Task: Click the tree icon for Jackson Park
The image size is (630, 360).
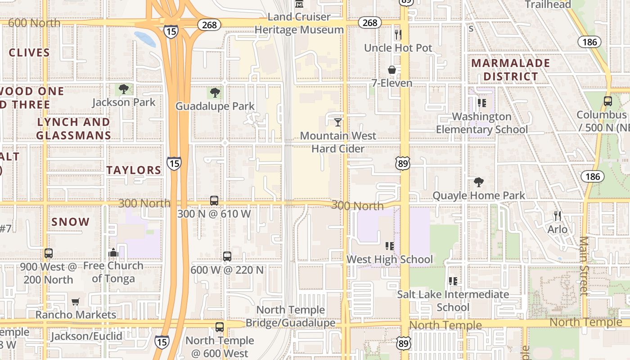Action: [x=124, y=89]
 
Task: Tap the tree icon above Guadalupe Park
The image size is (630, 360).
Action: [x=215, y=93]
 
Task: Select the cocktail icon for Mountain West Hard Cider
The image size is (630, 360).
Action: [x=338, y=122]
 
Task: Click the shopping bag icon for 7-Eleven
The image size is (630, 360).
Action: [x=392, y=70]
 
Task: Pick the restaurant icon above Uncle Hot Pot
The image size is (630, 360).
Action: [x=398, y=34]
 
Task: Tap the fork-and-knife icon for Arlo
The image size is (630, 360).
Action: [x=558, y=216]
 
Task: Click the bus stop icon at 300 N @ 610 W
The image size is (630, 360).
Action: [x=214, y=201]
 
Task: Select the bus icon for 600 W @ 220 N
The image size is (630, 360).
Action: [x=227, y=256]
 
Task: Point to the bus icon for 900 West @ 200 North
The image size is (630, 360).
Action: [x=49, y=253]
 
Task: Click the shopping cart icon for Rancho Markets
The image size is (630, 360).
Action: [x=76, y=301]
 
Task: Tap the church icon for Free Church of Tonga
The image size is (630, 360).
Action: [x=113, y=252]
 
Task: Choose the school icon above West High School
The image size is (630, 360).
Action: [x=390, y=246]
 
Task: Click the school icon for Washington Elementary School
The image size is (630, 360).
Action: [x=482, y=103]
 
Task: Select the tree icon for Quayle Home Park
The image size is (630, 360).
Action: [x=479, y=182]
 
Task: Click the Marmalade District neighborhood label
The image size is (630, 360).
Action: [x=511, y=70]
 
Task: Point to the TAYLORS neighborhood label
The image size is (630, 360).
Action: [x=134, y=170]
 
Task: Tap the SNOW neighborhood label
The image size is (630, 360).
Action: [x=71, y=222]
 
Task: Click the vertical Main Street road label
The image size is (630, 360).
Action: [x=584, y=265]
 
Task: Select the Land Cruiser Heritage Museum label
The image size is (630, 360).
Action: [x=299, y=23]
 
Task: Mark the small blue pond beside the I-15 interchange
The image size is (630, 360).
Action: [x=145, y=39]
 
